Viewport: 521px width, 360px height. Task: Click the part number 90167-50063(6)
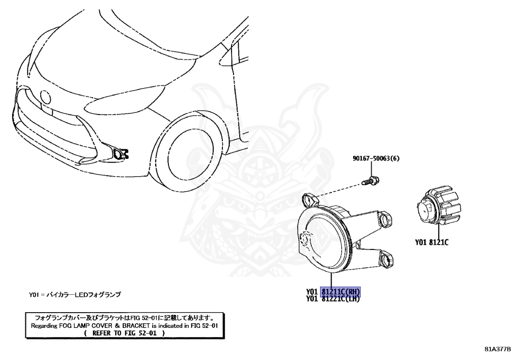point(375,158)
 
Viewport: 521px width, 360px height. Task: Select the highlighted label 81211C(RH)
point(340,292)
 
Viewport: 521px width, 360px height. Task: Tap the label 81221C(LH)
point(340,299)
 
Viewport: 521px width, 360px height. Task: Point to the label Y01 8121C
point(431,242)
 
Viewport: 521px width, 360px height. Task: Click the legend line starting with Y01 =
point(75,295)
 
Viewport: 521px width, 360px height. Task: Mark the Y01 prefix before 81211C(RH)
point(312,292)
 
